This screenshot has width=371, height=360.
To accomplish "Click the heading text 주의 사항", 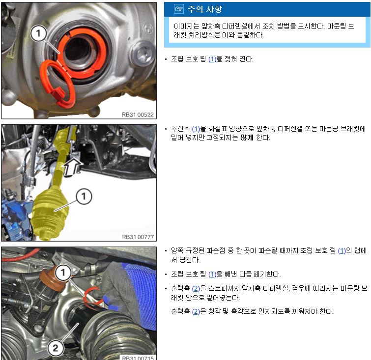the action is [205, 9].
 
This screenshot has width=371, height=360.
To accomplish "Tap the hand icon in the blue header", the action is [179, 9].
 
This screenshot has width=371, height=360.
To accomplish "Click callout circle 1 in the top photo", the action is [38, 33].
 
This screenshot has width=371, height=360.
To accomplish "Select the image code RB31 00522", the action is [138, 115].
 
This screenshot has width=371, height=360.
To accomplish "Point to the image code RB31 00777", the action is [138, 237].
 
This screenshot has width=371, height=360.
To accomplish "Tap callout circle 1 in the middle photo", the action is [84, 196].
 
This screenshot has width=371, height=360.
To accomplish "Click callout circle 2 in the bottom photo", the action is [56, 348].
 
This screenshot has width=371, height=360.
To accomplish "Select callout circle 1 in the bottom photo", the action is [63, 273].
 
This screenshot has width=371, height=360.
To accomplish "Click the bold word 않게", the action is [247, 138].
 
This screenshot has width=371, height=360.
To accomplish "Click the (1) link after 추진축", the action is [196, 129].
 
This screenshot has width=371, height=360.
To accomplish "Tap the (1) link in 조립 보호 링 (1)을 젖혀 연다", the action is [212, 59].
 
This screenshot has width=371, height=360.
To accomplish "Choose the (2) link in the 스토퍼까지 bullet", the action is [196, 289].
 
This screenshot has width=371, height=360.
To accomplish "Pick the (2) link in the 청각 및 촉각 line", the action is [196, 311].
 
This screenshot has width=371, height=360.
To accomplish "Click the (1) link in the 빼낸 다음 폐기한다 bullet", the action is [212, 275].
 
